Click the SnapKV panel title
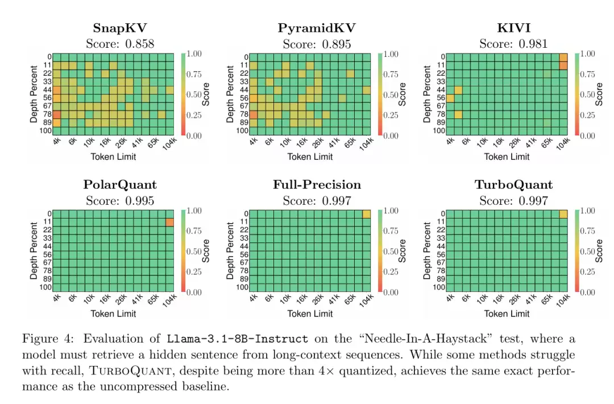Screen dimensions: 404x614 click(120, 28)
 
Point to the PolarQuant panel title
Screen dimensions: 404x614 click(120, 185)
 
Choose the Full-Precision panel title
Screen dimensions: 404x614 click(317, 185)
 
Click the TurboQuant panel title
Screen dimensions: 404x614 click(513, 185)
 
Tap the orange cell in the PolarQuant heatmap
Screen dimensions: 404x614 click(169, 222)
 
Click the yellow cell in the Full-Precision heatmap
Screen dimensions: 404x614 click(367, 214)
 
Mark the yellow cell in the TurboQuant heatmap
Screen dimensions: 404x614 click(563, 214)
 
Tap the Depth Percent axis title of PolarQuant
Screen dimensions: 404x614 click(34, 250)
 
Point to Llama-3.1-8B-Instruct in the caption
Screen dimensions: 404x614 click(238, 339)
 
